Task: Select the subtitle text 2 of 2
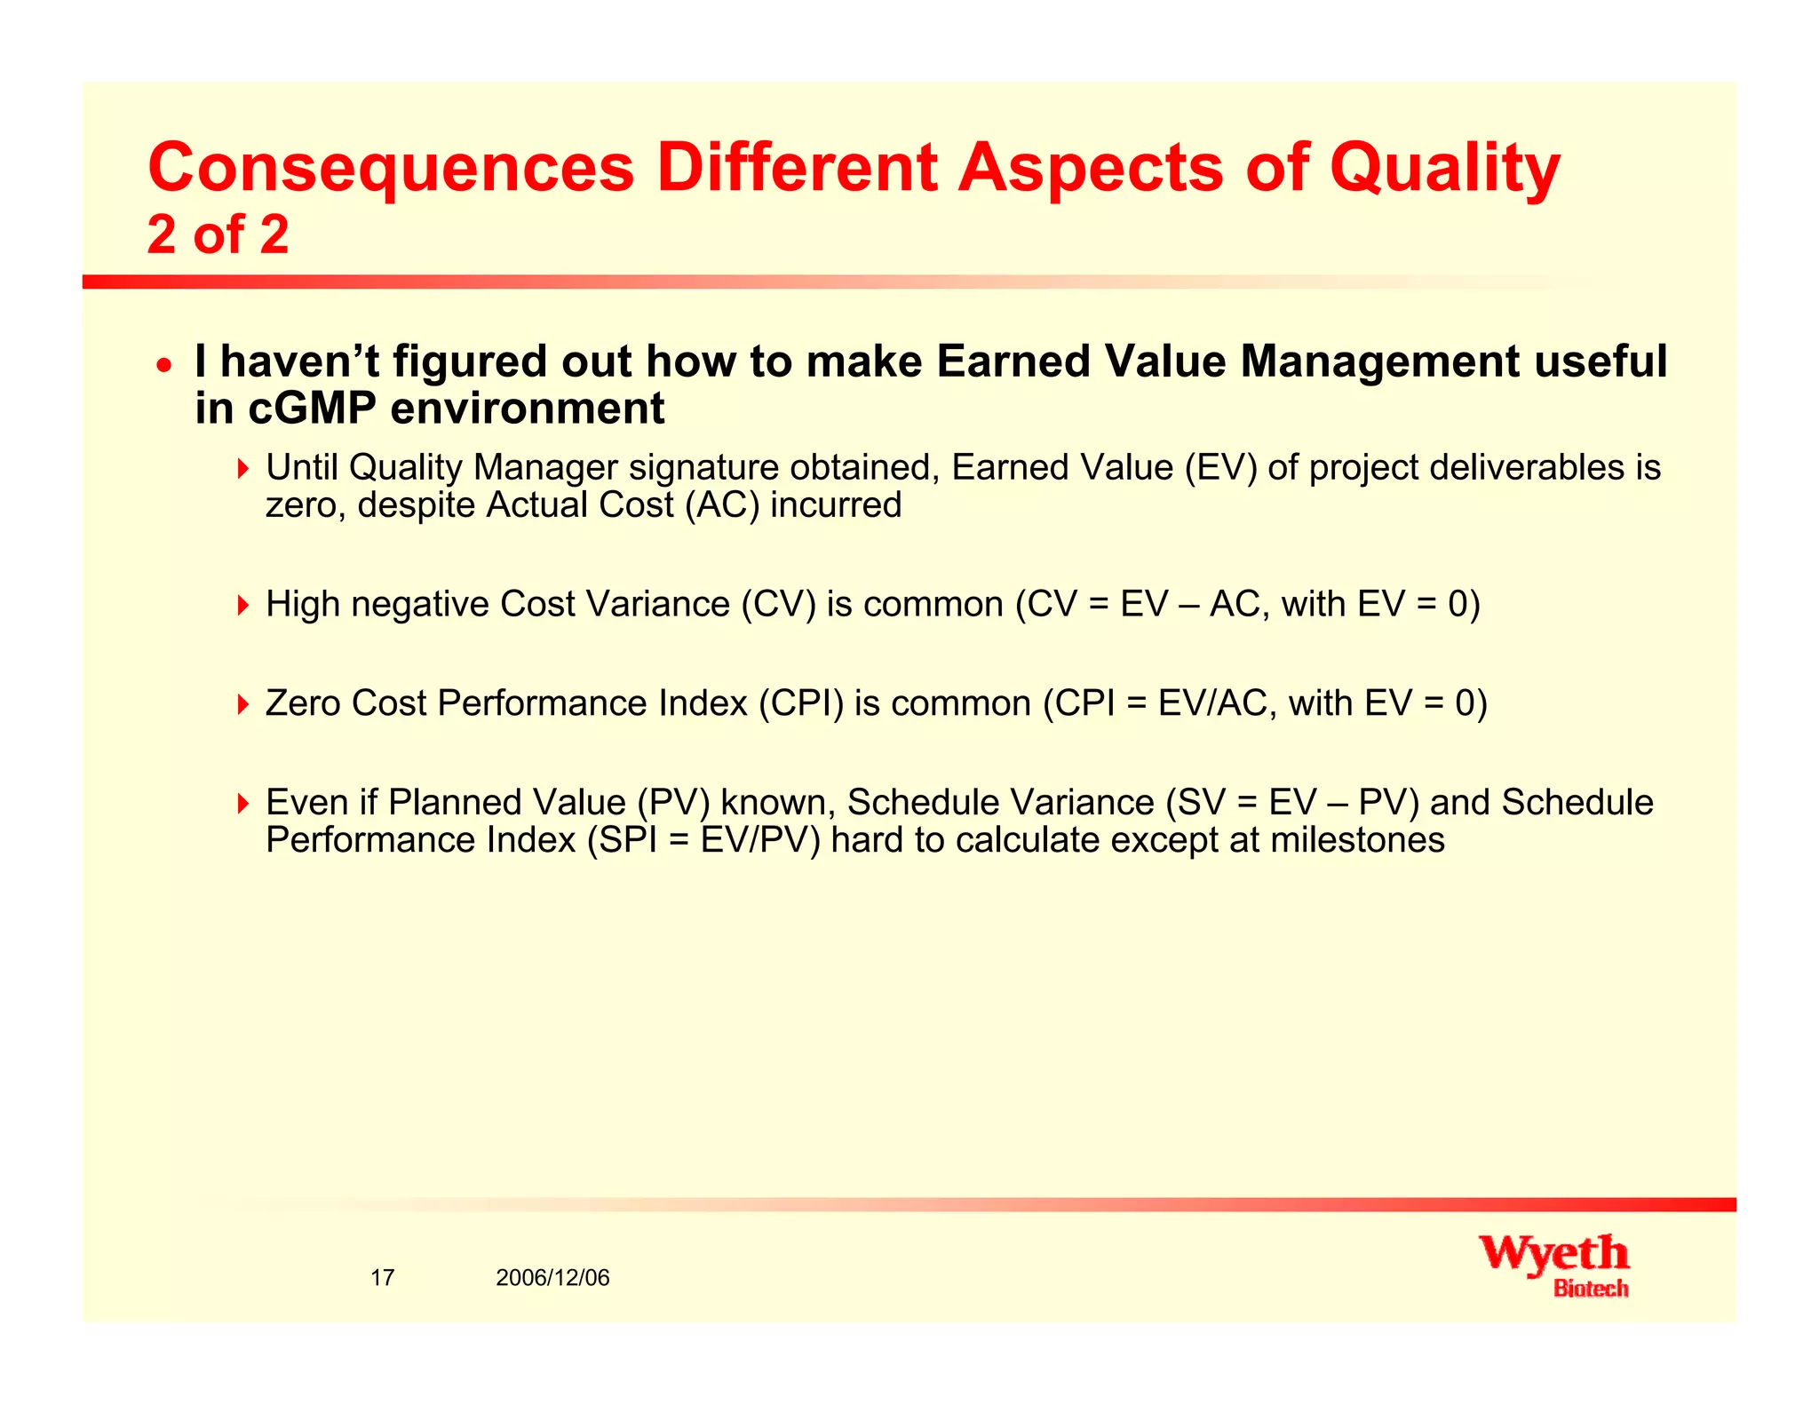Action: (218, 235)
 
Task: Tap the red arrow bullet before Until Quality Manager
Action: (243, 468)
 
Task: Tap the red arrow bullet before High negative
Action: (243, 606)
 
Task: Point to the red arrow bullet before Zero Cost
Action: (243, 705)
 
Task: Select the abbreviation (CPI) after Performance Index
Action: (800, 704)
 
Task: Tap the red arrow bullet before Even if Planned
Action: (243, 804)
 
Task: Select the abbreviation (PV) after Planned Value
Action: (673, 803)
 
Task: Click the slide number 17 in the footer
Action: (382, 1278)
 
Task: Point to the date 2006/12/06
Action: (552, 1278)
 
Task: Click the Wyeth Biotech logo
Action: (1554, 1265)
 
